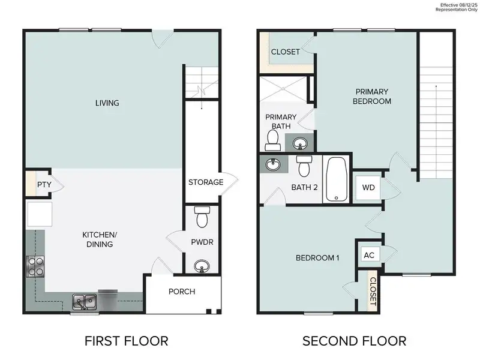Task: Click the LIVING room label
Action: [107, 103]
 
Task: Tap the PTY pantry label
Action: [43, 185]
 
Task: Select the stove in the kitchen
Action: [35, 265]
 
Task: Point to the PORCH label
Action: [181, 292]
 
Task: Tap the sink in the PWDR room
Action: [202, 265]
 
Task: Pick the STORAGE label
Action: [206, 182]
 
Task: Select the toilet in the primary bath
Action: [272, 140]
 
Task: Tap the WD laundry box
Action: [368, 187]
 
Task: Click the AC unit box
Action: [369, 254]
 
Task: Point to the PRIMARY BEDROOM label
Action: [372, 96]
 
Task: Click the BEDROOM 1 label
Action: [317, 258]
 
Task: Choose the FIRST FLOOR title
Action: [126, 341]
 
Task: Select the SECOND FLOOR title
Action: [354, 341]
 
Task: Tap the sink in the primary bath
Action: [300, 143]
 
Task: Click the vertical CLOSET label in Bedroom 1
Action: [372, 290]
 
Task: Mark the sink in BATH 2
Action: [273, 164]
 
